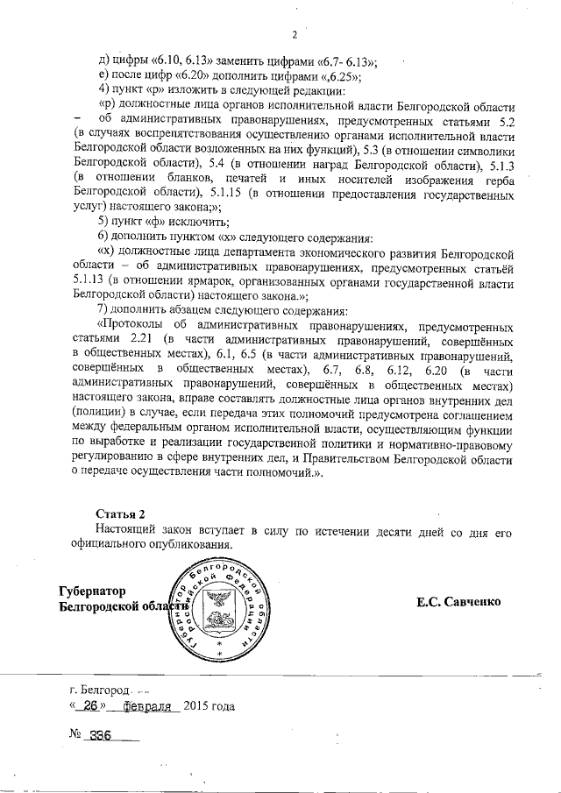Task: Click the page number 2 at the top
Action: click(x=295, y=36)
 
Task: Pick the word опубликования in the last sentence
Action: click(x=179, y=545)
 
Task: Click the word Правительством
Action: click(x=335, y=457)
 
